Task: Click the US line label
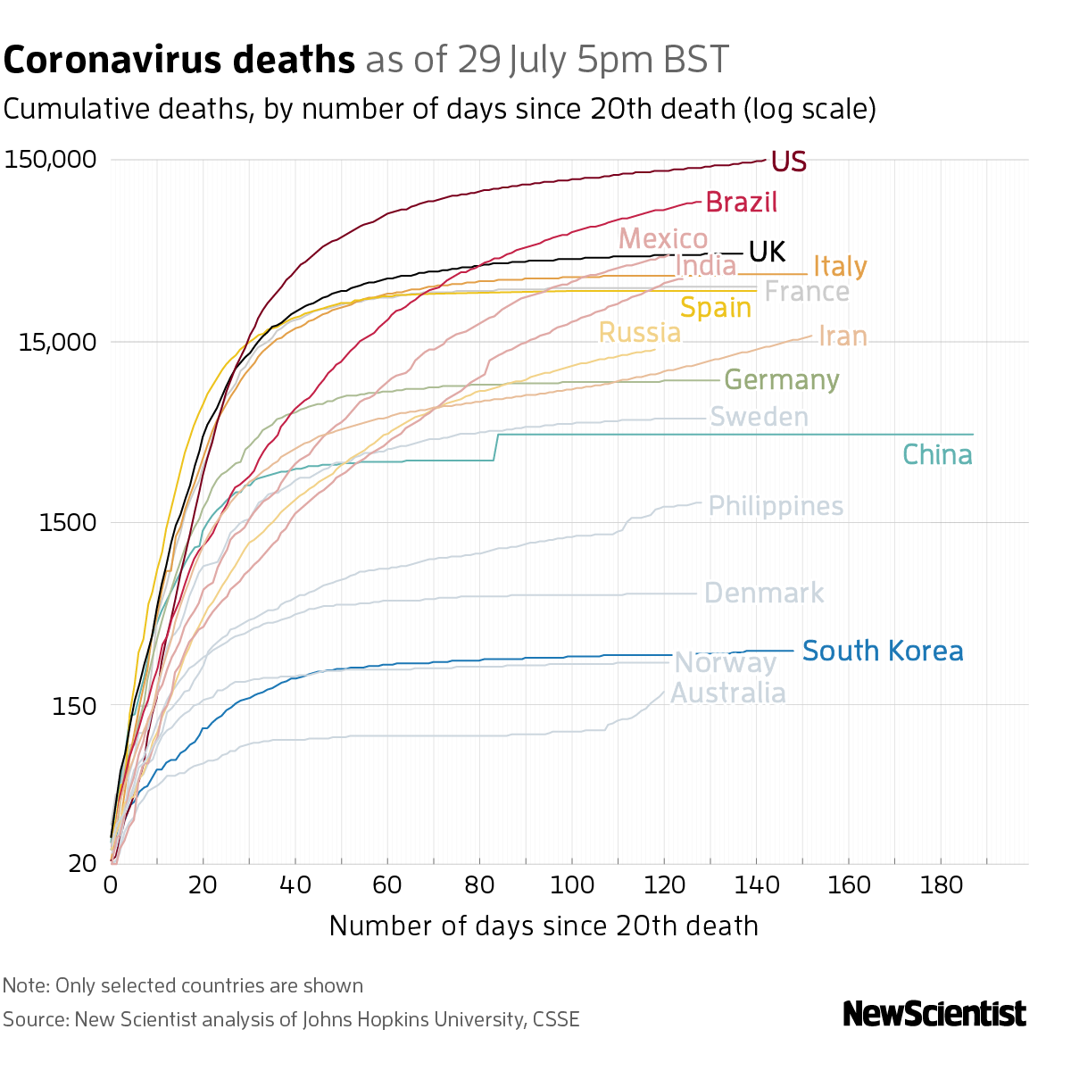[788, 162]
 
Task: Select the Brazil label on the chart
[741, 203]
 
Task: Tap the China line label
[937, 455]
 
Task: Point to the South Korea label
[883, 651]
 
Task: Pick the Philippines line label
[776, 506]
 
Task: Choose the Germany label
[781, 380]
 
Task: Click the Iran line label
[843, 336]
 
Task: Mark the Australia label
[727, 693]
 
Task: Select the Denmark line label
[764, 594]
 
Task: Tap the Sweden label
[759, 417]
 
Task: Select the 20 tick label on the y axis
[82, 863]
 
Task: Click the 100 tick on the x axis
[571, 885]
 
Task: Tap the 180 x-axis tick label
[941, 885]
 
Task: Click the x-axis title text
[544, 926]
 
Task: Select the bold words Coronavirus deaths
[179, 61]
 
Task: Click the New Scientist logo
[934, 1014]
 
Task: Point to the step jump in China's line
[496, 447]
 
